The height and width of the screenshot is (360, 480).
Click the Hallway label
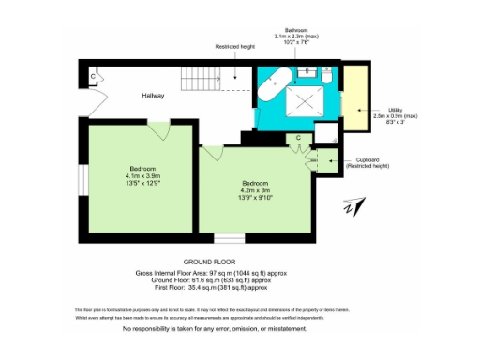click(153, 97)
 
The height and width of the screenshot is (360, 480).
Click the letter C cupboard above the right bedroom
click(297, 139)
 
